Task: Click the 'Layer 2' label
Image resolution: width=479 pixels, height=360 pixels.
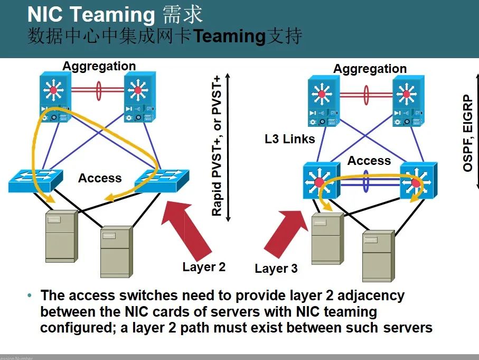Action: (204, 267)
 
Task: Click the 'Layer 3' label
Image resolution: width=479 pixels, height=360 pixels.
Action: (276, 269)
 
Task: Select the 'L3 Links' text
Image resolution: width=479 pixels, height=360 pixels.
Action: (290, 140)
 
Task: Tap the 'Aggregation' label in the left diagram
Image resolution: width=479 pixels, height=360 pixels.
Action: (99, 66)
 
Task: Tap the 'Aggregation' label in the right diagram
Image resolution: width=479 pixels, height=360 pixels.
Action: (370, 69)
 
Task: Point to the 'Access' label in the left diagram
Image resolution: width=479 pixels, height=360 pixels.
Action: (100, 178)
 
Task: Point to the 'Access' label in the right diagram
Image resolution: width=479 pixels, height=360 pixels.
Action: (369, 161)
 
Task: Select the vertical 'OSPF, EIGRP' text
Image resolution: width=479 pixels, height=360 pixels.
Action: (468, 133)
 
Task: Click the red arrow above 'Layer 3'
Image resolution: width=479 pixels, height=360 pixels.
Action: (285, 233)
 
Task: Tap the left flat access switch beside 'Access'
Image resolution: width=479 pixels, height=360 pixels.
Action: (35, 181)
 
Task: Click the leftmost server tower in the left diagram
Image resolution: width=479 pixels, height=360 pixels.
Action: (60, 235)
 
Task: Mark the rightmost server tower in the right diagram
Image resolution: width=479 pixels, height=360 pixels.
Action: (378, 255)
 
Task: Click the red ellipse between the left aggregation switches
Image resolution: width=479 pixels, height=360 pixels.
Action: (98, 90)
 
